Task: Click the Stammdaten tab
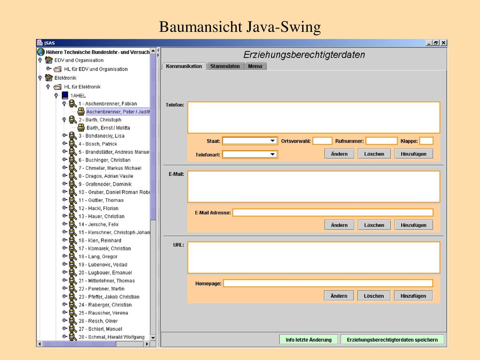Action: pos(225,66)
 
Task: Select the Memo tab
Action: pos(255,66)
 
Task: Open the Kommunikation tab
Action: pos(184,66)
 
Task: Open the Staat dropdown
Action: pos(250,141)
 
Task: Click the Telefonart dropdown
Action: pos(250,154)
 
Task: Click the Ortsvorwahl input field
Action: pos(322,141)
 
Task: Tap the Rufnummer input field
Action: pos(382,141)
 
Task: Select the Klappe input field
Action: pos(426,141)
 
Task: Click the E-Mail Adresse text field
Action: pos(333,212)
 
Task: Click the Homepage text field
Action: pos(328,283)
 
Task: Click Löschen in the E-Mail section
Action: pos(374,225)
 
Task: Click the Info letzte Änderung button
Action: pos(308,339)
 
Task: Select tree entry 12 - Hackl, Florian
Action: pos(98,208)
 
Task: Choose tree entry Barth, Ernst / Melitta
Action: pos(108,127)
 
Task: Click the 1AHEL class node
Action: pos(78,96)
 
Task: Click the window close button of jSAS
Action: pos(443,43)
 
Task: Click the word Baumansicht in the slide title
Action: pos(201,27)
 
